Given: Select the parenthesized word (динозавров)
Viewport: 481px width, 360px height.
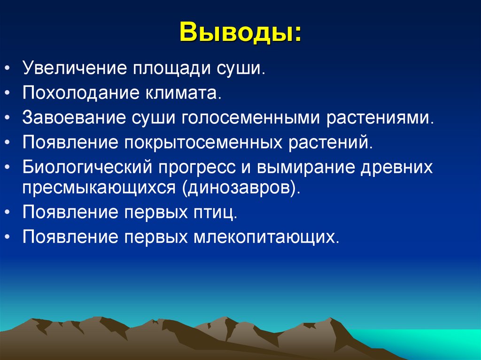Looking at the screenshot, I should point(238,188).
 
